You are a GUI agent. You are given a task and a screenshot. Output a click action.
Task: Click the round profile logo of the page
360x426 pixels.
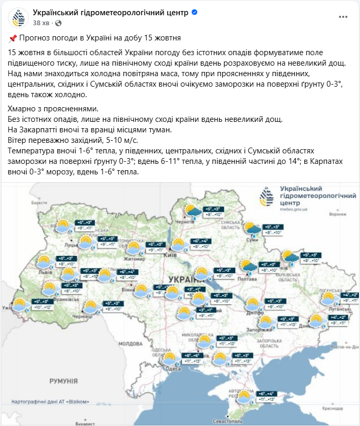tap(18, 18)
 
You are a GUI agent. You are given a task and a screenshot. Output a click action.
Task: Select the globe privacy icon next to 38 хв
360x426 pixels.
tap(58, 23)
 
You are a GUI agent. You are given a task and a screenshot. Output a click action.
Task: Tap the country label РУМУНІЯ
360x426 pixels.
tap(64, 379)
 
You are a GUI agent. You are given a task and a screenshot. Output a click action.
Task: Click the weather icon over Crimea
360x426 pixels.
tap(244, 398)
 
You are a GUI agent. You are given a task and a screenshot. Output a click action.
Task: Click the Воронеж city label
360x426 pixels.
tap(338, 214)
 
